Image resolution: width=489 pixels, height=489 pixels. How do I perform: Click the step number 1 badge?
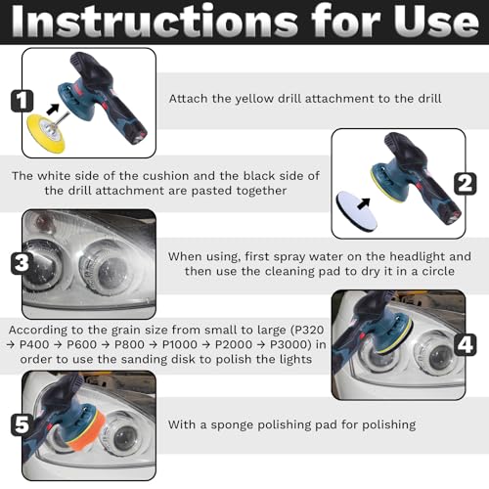pyautogui.click(x=22, y=101)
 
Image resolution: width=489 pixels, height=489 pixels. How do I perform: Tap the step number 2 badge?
pyautogui.click(x=466, y=184)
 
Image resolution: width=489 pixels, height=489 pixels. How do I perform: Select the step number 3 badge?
pyautogui.click(x=22, y=263)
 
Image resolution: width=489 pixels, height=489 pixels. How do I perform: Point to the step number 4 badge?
pyautogui.click(x=466, y=344)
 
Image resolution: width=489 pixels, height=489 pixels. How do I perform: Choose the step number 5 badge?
pyautogui.click(x=22, y=425)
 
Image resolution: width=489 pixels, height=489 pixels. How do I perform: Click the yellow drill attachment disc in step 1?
pyautogui.click(x=46, y=133)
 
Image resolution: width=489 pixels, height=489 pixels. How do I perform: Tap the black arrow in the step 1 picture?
pyautogui.click(x=53, y=109)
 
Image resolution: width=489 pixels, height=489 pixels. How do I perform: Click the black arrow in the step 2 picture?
pyautogui.click(x=364, y=204)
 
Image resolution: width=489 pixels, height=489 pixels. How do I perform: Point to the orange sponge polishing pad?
pyautogui.click(x=85, y=428)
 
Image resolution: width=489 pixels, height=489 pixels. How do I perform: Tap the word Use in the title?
pyautogui.click(x=436, y=22)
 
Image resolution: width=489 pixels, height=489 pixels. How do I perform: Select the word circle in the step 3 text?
pyautogui.click(x=438, y=271)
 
